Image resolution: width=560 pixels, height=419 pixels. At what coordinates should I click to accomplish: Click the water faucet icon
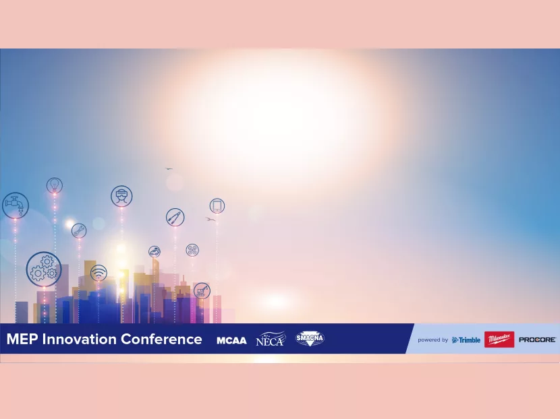(15, 205)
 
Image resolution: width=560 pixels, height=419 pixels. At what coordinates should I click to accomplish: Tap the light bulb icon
(54, 185)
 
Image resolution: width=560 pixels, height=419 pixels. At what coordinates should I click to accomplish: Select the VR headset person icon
(121, 196)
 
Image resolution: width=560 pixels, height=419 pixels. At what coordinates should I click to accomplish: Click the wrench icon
(79, 230)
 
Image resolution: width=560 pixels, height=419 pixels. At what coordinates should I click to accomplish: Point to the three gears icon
(44, 269)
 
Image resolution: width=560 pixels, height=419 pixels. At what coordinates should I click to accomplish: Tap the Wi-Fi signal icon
(99, 273)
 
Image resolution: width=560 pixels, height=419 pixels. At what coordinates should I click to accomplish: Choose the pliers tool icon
(175, 217)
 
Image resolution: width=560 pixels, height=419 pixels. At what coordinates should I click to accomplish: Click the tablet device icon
(217, 205)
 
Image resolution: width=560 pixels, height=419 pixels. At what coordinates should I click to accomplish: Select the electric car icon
(155, 252)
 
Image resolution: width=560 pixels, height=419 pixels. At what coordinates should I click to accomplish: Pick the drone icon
(192, 250)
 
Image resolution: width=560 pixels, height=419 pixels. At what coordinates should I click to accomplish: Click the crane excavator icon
(202, 290)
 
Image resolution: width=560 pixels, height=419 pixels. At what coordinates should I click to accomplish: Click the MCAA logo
(231, 340)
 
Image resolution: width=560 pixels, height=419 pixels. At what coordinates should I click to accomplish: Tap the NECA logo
(271, 339)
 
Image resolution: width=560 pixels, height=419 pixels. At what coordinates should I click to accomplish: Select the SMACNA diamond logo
(310, 339)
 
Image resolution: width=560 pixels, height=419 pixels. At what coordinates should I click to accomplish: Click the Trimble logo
(466, 340)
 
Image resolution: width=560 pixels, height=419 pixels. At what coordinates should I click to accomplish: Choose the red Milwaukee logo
(499, 340)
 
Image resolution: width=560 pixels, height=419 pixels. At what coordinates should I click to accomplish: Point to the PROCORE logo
(537, 340)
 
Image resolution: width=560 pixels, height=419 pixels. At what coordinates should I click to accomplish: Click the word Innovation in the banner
(80, 339)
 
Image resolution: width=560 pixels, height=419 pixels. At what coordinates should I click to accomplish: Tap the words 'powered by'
(432, 340)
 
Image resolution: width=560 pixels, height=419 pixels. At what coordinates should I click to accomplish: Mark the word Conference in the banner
(161, 339)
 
